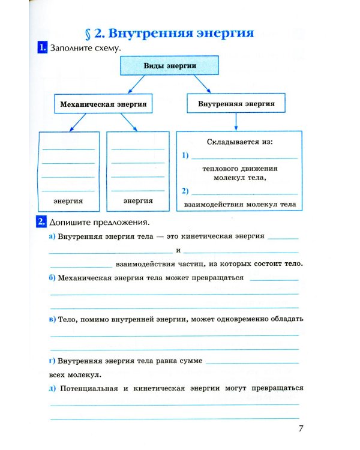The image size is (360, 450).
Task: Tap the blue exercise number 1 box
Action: coord(42,47)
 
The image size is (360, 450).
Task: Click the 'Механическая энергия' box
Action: coord(103,104)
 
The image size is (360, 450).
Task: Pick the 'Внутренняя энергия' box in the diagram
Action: coord(236,103)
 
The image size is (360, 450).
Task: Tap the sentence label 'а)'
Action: coord(52,236)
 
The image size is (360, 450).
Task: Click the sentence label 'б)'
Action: coord(52,278)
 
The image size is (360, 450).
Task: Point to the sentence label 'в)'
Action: coord(52,319)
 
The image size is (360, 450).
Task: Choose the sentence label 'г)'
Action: coord(52,361)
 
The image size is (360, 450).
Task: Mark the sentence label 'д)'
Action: coord(52,388)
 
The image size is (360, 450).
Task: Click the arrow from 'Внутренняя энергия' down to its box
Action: coord(236,122)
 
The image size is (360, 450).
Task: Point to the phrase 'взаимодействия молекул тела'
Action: coord(239,205)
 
